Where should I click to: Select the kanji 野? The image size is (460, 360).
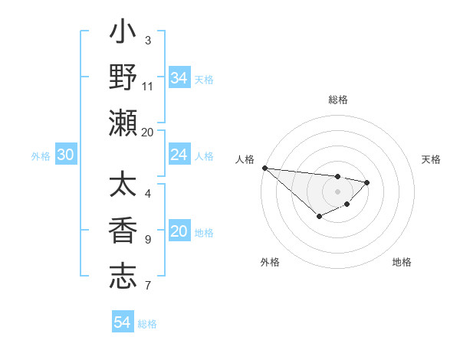tap(123, 78)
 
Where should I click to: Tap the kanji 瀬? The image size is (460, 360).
tap(123, 123)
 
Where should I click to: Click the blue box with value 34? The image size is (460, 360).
tap(179, 77)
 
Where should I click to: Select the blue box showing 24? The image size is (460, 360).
tap(179, 155)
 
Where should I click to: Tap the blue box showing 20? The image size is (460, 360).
tap(179, 231)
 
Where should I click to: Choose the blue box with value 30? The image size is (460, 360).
tap(65, 155)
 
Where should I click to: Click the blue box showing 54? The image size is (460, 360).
tap(122, 322)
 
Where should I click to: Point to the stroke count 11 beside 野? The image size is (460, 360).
tap(148, 86)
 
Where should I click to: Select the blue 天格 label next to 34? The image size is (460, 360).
tap(204, 79)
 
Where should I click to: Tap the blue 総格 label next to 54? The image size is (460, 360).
tap(147, 324)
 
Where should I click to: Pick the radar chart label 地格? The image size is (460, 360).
tap(402, 262)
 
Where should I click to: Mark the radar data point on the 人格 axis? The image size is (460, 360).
tap(264, 168)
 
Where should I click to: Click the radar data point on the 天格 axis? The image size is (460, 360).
tap(367, 182)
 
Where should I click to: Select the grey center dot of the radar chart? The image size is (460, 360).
tap(337, 191)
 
